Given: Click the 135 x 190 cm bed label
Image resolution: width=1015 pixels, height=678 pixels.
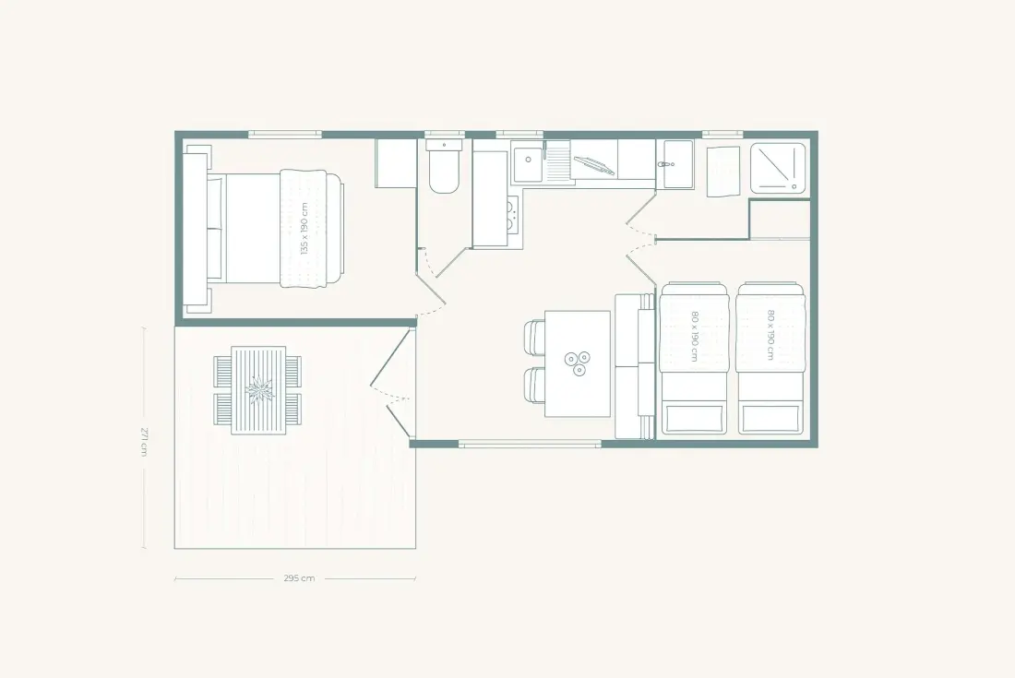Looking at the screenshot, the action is (304, 229).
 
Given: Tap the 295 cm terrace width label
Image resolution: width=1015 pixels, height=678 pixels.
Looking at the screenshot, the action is (299, 578).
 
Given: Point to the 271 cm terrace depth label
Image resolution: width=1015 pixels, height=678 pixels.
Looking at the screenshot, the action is (144, 440).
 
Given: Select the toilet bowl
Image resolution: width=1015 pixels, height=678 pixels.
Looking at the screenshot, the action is (444, 172).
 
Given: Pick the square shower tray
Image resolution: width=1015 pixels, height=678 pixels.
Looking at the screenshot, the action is (778, 168).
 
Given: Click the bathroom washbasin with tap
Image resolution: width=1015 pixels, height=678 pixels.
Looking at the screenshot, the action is (675, 164).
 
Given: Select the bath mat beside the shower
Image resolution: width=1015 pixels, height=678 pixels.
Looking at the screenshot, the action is (723, 172).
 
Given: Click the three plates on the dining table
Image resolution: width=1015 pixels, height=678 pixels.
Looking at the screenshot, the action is (577, 363).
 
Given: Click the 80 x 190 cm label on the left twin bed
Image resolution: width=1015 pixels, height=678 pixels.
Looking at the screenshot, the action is (693, 337).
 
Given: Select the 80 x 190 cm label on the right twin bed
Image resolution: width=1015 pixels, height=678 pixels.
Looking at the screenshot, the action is (770, 335).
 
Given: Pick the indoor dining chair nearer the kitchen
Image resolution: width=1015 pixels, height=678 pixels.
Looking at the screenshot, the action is (534, 337).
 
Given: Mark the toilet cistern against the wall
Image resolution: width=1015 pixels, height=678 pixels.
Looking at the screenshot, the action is (444, 144).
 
